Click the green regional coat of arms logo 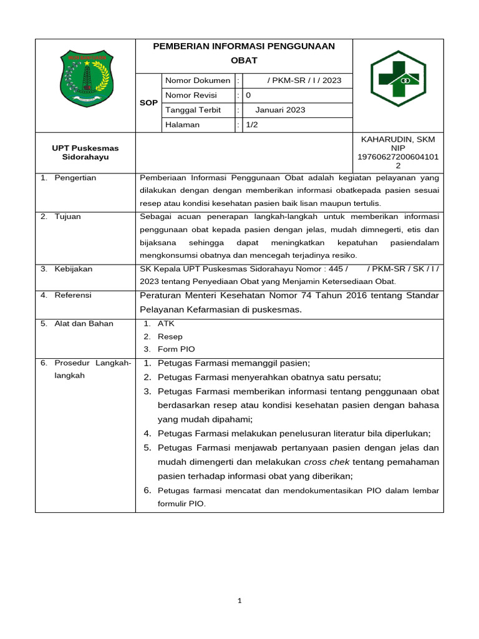coord(85,79)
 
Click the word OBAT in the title coord(244,61)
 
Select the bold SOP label coord(148,102)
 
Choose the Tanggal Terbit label coord(193,110)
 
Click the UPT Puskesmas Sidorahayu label coord(85,153)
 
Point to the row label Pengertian coord(75,178)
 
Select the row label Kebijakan coord(73,269)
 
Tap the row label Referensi coord(73,295)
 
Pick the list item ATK coord(166,324)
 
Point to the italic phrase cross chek coord(327,462)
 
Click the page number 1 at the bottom coord(240,601)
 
